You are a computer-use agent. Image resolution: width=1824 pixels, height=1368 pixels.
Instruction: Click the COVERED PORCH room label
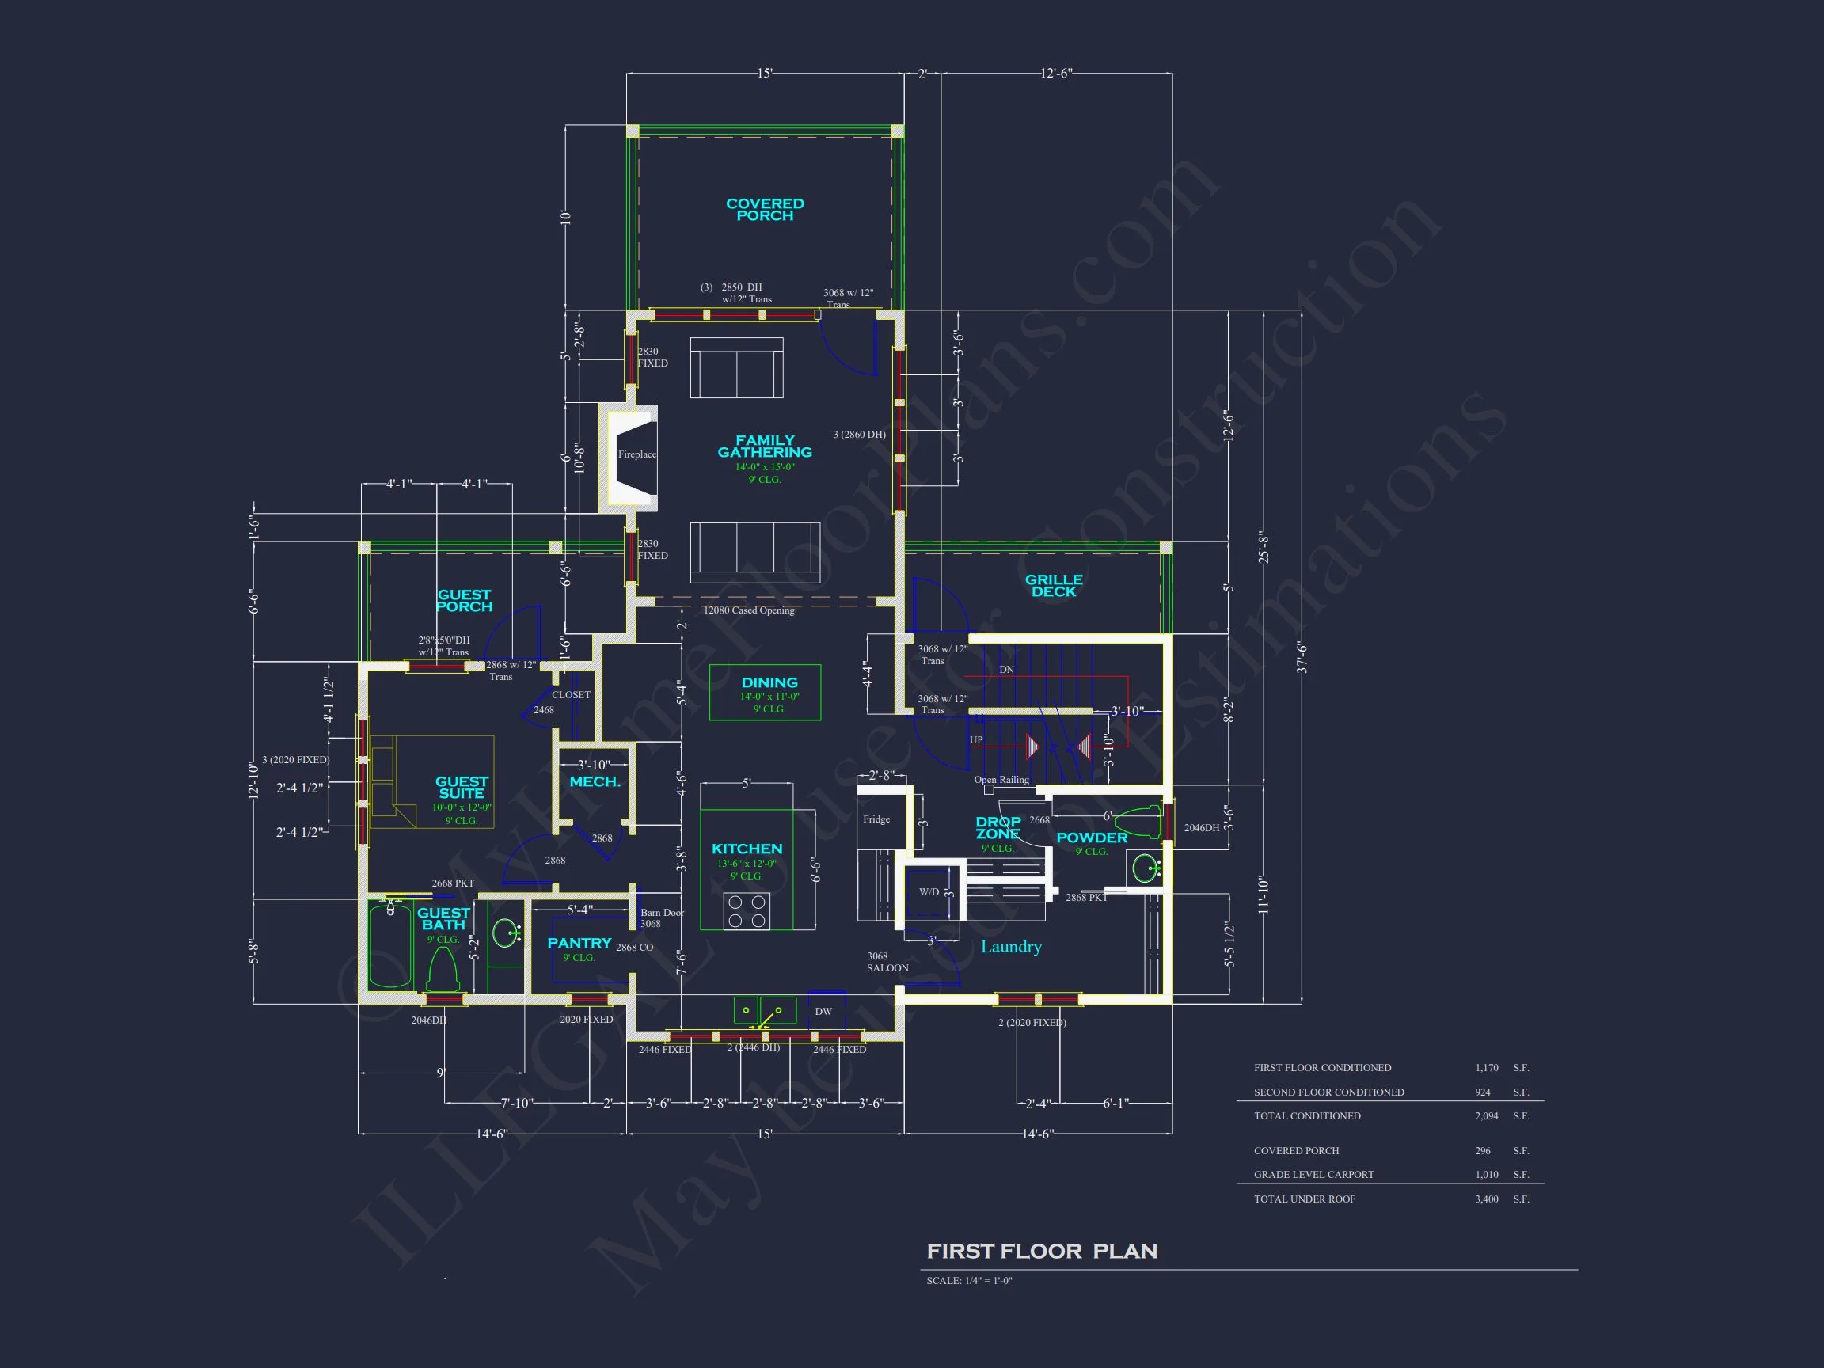pyautogui.click(x=765, y=210)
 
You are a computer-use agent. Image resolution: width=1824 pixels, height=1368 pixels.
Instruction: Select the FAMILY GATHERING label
pyautogui.click(x=765, y=446)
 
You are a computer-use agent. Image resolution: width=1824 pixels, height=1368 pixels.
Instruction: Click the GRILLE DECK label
pyautogui.click(x=1053, y=586)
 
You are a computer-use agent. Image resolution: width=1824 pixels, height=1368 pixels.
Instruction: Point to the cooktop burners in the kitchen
pyautogui.click(x=747, y=911)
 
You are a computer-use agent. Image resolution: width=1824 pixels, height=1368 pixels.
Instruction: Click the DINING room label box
pyautogui.click(x=766, y=692)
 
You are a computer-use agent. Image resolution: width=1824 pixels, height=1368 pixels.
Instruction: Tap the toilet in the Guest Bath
pyautogui.click(x=442, y=971)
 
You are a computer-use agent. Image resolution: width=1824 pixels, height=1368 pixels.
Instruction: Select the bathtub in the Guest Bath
pyautogui.click(x=390, y=945)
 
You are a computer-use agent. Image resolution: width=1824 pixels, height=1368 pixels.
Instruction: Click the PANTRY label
pyautogui.click(x=579, y=943)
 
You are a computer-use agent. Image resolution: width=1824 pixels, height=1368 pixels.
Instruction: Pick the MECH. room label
pyautogui.click(x=595, y=781)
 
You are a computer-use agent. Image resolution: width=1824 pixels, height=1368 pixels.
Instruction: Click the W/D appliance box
pyautogui.click(x=929, y=891)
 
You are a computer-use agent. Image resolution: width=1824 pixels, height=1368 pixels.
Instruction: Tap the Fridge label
pyautogui.click(x=876, y=819)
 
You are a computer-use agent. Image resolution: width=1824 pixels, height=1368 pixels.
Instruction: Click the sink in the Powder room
pyautogui.click(x=1146, y=868)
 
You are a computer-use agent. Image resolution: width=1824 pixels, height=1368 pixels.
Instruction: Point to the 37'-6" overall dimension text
pyautogui.click(x=1301, y=657)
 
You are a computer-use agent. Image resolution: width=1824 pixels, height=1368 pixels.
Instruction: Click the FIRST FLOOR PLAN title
pyautogui.click(x=1042, y=1251)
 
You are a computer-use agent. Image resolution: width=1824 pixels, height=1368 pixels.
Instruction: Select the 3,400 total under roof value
pyautogui.click(x=1486, y=1199)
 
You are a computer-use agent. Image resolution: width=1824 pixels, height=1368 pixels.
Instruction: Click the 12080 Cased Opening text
pyautogui.click(x=748, y=610)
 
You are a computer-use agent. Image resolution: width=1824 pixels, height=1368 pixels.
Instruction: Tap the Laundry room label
pyautogui.click(x=1011, y=947)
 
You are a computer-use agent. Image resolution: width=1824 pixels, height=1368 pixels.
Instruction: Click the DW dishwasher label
pyautogui.click(x=823, y=1011)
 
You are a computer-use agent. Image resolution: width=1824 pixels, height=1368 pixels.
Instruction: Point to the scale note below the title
pyautogui.click(x=969, y=1281)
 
